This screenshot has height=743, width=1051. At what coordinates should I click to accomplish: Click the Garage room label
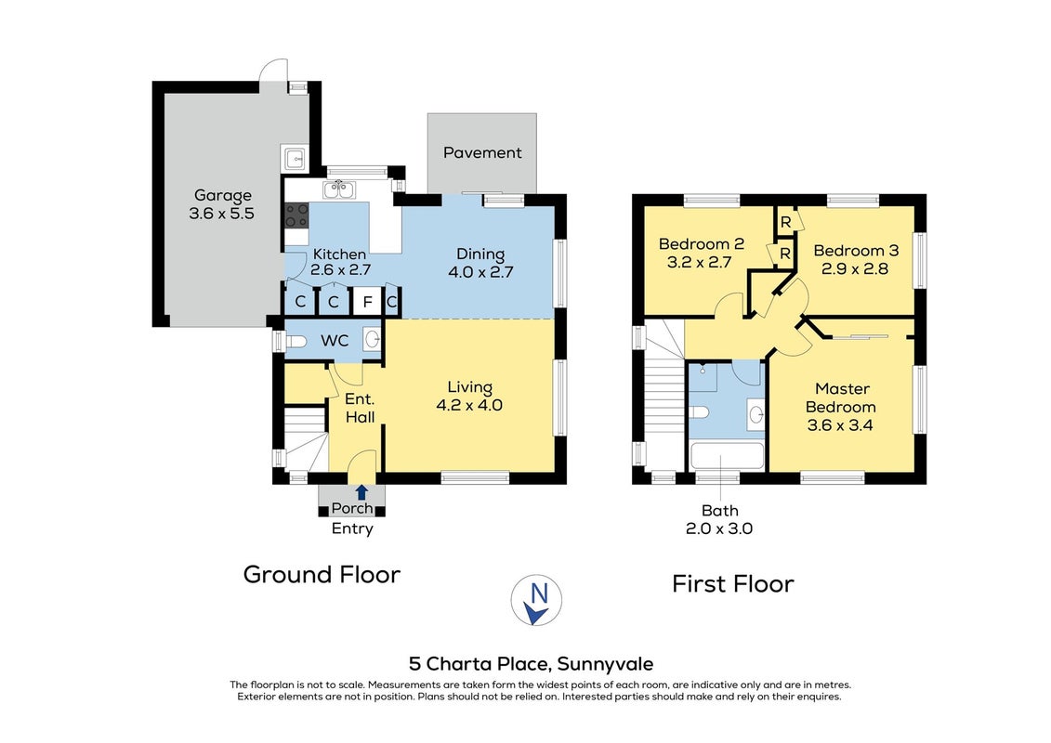pyautogui.click(x=222, y=196)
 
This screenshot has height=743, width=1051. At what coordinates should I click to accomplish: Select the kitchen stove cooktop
pyautogui.click(x=296, y=215)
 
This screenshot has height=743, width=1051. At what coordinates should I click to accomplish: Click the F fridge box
pyautogui.click(x=367, y=302)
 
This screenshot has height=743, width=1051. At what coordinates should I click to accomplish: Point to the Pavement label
pyautogui.click(x=482, y=152)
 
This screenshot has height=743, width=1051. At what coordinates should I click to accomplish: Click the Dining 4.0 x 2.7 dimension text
pyautogui.click(x=480, y=272)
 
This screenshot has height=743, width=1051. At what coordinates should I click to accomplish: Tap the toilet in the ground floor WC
pyautogui.click(x=296, y=342)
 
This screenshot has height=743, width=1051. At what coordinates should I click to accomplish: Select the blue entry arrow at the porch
pyautogui.click(x=362, y=492)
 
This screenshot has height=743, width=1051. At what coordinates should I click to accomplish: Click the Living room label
pyautogui.click(x=470, y=387)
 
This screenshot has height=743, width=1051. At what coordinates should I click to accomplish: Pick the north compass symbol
pyautogui.click(x=536, y=600)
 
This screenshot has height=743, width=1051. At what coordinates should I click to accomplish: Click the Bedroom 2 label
pyautogui.click(x=701, y=244)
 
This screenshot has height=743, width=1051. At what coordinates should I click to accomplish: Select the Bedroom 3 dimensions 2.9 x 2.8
pyautogui.click(x=855, y=269)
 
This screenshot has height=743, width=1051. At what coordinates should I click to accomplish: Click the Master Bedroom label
pyautogui.click(x=842, y=398)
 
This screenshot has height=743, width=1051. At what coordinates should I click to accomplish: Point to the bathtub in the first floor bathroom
pyautogui.click(x=728, y=456)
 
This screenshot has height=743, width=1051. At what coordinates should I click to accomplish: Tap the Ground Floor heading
pyautogui.click(x=322, y=575)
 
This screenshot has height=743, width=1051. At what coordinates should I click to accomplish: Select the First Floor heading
pyautogui.click(x=732, y=584)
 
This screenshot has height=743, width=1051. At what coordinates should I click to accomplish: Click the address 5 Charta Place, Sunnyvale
pyautogui.click(x=531, y=664)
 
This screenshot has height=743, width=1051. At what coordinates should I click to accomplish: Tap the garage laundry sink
pyautogui.click(x=295, y=159)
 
